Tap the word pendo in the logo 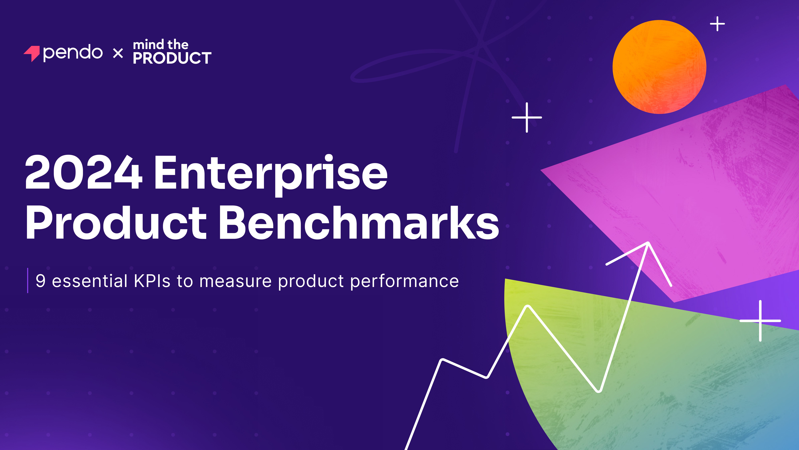point(73,53)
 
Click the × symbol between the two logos point(118,53)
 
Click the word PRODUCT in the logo point(172,58)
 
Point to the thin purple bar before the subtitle point(28,280)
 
